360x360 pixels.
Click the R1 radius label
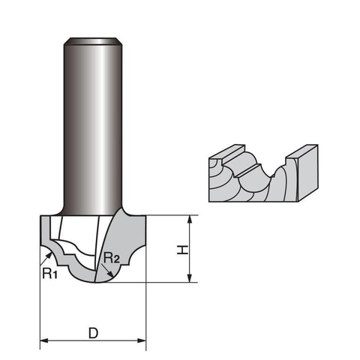[x=50, y=273]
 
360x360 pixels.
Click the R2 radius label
[x=112, y=258]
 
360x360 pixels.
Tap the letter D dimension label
[x=94, y=333]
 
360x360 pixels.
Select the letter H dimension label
[x=182, y=250]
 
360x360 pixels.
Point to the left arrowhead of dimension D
[x=44, y=340]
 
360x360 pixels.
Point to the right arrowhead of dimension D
[x=142, y=340]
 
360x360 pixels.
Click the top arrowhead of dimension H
[x=190, y=219]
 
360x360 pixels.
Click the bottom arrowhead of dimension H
[x=190, y=278]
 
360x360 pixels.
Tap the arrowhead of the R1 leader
[x=49, y=255]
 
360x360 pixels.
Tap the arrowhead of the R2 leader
[x=110, y=274]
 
